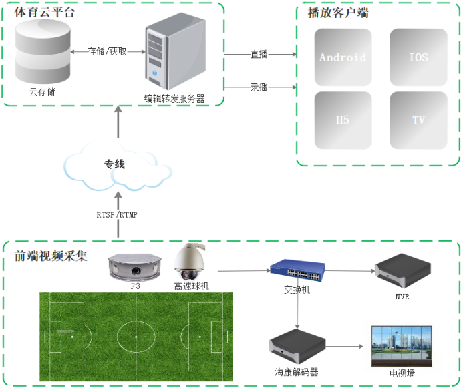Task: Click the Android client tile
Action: click(343, 57)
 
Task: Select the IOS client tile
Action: click(418, 57)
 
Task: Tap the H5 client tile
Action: click(343, 120)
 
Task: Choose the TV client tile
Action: click(418, 120)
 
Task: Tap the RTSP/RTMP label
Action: click(117, 214)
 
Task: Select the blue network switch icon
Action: click(297, 270)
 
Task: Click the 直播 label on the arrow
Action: click(259, 55)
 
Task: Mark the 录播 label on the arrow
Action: click(259, 87)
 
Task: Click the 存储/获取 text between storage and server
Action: click(107, 51)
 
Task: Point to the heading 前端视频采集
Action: click(51, 256)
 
